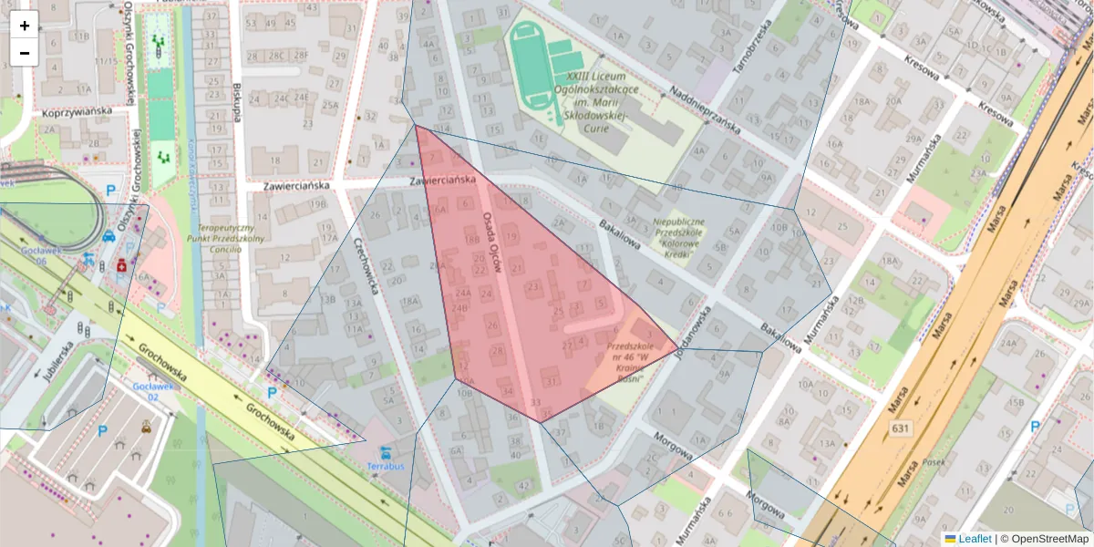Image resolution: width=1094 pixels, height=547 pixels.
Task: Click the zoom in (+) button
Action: [25, 26]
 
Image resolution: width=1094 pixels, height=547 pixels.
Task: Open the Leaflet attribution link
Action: [974, 539]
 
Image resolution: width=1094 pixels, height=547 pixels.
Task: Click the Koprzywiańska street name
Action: [77, 111]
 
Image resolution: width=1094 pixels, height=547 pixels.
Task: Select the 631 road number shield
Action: [901, 428]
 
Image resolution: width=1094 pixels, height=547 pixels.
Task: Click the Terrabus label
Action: [386, 466]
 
